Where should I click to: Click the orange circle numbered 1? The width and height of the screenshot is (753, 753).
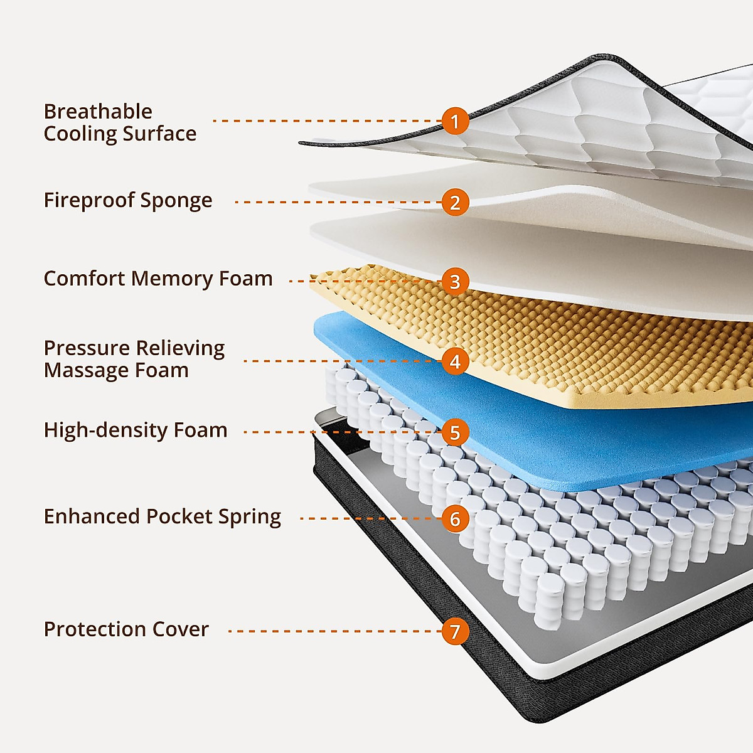[455, 120]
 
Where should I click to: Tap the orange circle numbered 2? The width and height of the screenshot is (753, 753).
[455, 202]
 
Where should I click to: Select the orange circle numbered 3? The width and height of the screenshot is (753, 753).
[455, 281]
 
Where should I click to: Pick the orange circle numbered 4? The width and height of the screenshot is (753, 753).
[455, 361]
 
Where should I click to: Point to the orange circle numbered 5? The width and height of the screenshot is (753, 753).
[455, 432]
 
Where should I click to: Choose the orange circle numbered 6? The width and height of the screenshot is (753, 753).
[455, 519]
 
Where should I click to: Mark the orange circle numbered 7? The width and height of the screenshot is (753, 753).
[455, 631]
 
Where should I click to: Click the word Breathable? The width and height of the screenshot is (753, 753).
[98, 112]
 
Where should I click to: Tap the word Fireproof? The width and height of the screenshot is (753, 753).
[88, 201]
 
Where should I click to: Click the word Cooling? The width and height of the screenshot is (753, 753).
[79, 134]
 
